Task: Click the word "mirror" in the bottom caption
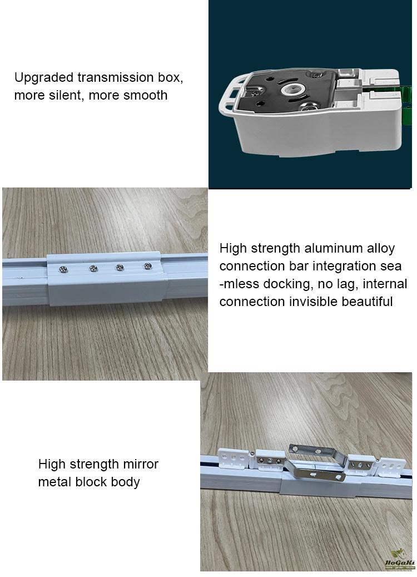coord(141,464)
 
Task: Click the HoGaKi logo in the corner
coord(399,559)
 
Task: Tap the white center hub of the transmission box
coord(291,90)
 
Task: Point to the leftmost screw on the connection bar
coord(63,270)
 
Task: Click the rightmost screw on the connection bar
coord(148,265)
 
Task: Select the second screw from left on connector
coord(93,268)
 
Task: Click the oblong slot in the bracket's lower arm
coord(314,475)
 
